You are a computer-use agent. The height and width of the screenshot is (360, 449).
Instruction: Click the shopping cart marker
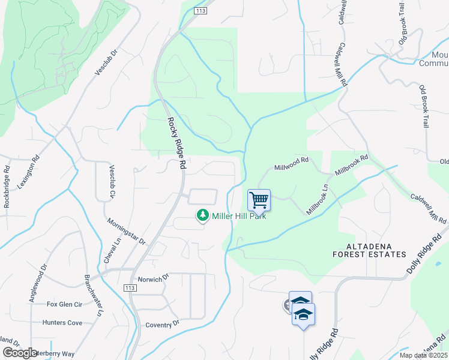tap(259, 200)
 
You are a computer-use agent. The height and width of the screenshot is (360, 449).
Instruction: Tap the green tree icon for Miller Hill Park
tap(203, 215)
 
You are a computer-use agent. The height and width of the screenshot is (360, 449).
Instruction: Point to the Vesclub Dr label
tap(104, 62)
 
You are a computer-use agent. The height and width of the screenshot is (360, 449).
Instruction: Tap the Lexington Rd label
tap(28, 174)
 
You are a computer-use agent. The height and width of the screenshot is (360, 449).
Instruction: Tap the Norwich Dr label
tap(154, 280)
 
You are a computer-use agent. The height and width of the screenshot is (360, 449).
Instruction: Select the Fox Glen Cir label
tap(64, 304)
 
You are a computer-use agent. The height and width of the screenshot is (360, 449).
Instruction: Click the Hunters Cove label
tap(62, 323)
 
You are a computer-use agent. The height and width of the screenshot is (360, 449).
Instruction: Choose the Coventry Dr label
tap(163, 325)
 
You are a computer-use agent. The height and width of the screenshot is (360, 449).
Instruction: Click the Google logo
tap(20, 353)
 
